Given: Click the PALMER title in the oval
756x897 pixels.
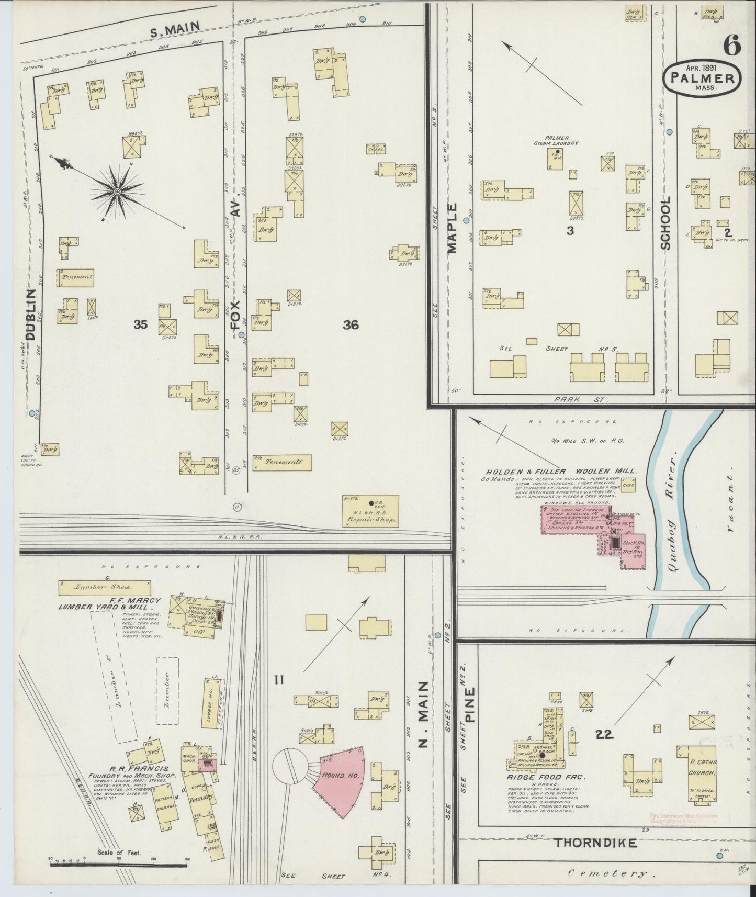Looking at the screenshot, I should (x=702, y=79).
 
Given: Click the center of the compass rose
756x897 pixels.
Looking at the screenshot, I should (x=118, y=192).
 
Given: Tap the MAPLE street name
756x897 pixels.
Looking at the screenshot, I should (x=452, y=228).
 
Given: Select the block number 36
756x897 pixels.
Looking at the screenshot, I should (x=351, y=325).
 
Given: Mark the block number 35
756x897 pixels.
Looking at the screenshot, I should (x=140, y=325).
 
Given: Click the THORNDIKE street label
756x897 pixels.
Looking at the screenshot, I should (x=595, y=843).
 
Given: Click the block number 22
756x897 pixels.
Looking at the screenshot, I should (x=604, y=735).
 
